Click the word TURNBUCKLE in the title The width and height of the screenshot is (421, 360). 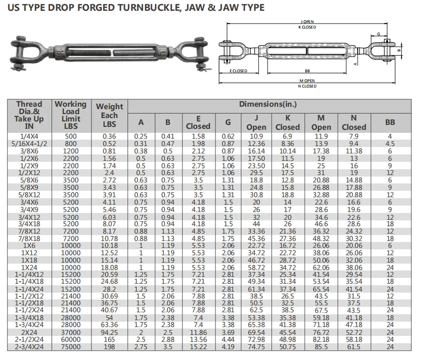coord(143,7)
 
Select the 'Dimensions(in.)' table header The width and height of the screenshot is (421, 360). coord(268,104)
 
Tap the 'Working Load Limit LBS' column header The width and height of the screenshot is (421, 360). coord(70,115)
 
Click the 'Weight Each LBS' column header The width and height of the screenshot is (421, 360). coord(110,115)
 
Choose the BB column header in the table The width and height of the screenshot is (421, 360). coord(390,122)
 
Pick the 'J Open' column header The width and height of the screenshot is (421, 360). coord(256,122)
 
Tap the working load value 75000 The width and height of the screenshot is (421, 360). coord(70,347)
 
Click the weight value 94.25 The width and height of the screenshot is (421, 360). coord(110,332)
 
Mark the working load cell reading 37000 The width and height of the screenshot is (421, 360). coord(70,332)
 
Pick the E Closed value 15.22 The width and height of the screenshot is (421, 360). coord(198,347)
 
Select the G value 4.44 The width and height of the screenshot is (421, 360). coord(228,339)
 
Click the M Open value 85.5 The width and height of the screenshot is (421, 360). coord(321,347)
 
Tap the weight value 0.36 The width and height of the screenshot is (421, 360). coord(110,136)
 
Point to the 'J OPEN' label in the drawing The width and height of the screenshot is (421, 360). coord(307,22)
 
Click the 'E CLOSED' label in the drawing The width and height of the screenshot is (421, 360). coord(239,71)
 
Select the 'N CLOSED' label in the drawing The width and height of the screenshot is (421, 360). coord(307,87)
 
